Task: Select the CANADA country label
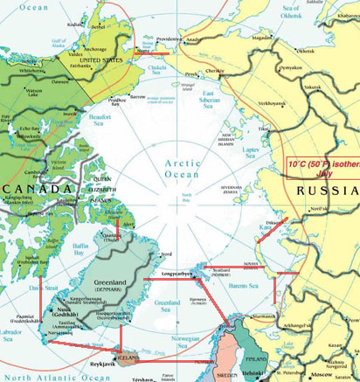click(34, 190)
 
